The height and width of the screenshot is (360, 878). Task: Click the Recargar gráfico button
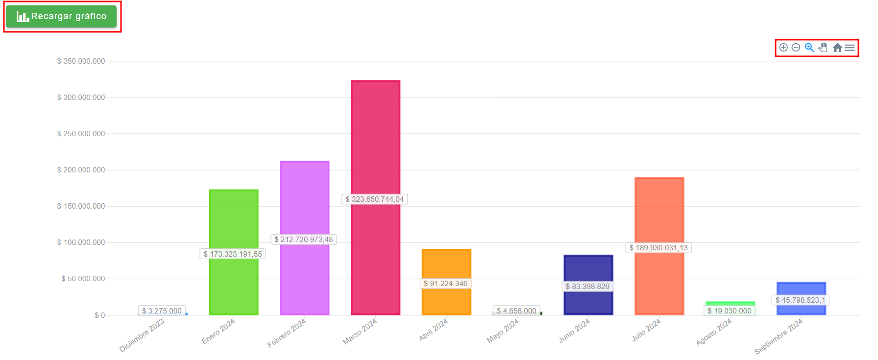tap(61, 16)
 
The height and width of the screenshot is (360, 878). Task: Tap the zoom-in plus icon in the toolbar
tap(783, 48)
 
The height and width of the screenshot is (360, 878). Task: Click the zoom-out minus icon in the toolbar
tap(796, 48)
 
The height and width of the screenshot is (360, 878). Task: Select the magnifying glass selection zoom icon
tap(809, 48)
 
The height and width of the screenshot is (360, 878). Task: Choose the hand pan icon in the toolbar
tap(823, 48)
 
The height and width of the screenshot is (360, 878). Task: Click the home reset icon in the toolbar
tap(837, 48)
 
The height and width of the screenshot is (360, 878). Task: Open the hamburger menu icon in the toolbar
tap(850, 48)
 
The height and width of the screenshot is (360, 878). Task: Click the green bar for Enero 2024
tap(234, 220)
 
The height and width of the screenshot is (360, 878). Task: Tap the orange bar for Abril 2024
tap(446, 264)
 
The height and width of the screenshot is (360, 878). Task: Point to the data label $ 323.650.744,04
tap(374, 199)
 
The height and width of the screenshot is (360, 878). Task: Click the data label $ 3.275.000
tap(162, 311)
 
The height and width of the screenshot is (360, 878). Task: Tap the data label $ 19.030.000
tap(730, 311)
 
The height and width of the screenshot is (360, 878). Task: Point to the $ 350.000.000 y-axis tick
tap(81, 61)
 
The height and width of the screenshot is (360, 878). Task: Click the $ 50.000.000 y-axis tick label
tap(83, 279)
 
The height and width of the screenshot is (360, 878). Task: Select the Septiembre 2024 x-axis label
tap(778, 336)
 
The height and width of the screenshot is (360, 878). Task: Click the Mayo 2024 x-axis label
tap(503, 331)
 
